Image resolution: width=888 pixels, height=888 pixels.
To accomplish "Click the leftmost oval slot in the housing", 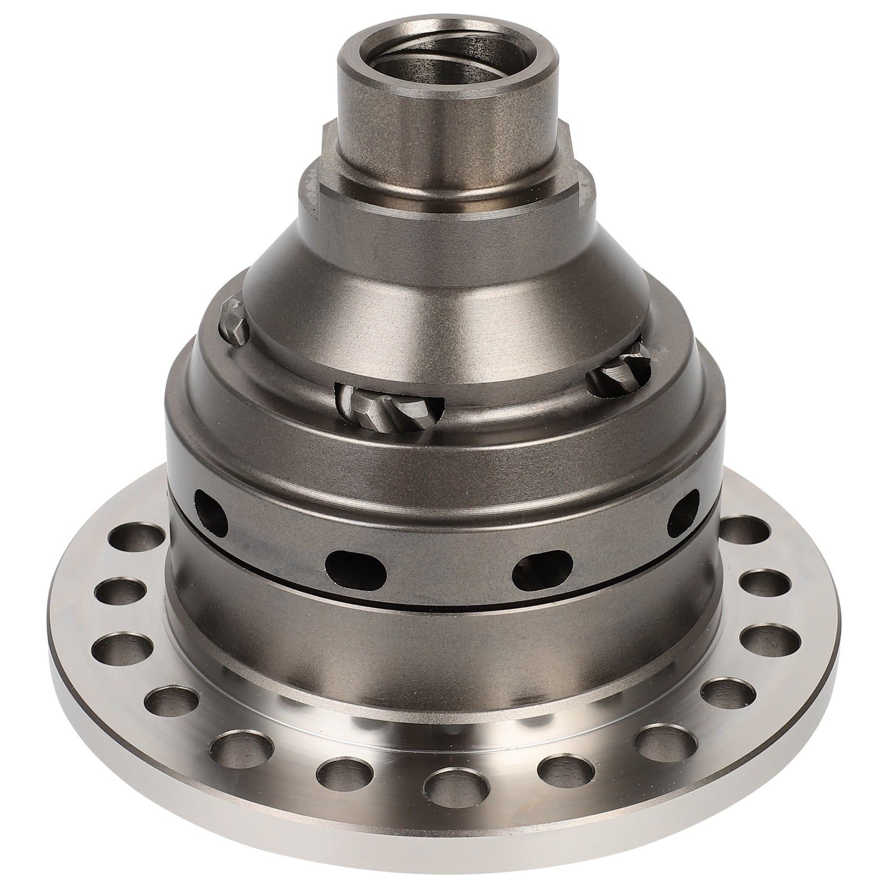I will click(213, 509).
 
